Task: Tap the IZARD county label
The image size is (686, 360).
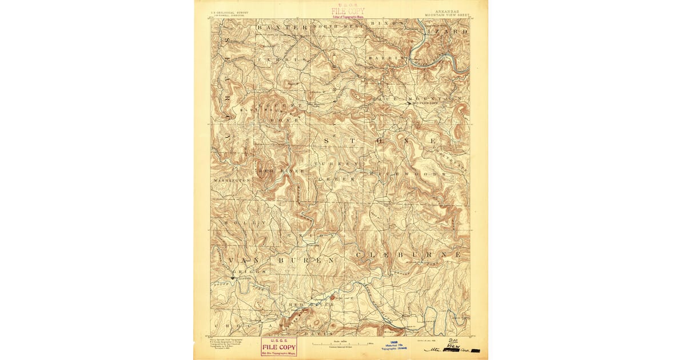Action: [x=453, y=32]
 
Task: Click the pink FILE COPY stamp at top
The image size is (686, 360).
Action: [x=348, y=11]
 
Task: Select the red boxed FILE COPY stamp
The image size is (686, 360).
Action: [x=278, y=346]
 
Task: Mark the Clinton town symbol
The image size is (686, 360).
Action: [x=232, y=278]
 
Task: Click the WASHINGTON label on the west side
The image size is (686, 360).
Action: [x=231, y=180]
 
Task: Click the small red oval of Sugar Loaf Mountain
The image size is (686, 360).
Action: [x=332, y=298]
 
